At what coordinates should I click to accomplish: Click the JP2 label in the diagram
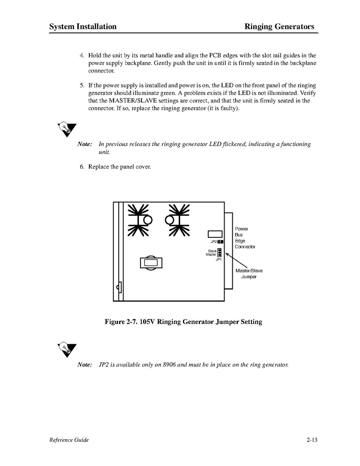point(213,242)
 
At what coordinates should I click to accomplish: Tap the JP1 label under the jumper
point(218,259)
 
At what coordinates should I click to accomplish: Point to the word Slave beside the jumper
point(212,251)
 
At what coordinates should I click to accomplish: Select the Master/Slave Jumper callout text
point(249,274)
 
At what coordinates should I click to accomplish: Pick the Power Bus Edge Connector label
point(245,238)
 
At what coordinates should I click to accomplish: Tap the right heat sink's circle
point(170,220)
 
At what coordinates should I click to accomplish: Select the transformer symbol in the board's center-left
point(151,263)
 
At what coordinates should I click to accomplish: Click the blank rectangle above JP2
point(215,234)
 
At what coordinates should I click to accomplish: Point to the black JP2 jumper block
point(221,242)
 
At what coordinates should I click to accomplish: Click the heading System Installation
point(83,26)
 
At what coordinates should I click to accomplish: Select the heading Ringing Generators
point(279,26)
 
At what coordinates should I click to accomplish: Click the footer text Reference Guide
point(69,440)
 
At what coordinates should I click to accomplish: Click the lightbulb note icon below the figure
point(67,349)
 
